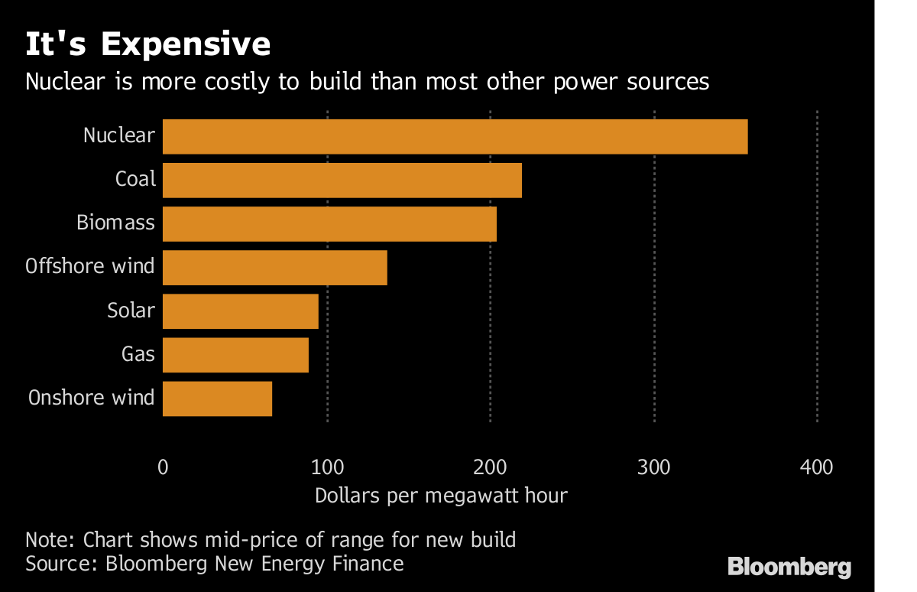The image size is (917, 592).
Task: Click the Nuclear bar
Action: (x=455, y=137)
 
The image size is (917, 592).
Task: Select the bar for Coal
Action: (x=342, y=181)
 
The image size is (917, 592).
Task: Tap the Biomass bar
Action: (x=329, y=224)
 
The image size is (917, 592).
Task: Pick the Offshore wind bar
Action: (x=275, y=268)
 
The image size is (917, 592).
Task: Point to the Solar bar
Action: (x=241, y=311)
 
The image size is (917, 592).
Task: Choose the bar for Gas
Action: (x=235, y=355)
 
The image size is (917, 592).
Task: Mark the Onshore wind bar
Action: (x=217, y=398)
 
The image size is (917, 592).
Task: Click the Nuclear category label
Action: (x=119, y=135)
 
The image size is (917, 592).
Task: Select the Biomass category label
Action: (x=115, y=223)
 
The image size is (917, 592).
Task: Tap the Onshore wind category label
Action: (x=91, y=398)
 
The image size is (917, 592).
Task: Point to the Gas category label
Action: (x=138, y=354)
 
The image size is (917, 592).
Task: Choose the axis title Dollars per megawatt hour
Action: (x=441, y=496)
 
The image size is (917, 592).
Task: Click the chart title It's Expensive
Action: (x=147, y=44)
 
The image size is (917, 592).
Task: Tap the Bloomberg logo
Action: (x=789, y=567)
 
